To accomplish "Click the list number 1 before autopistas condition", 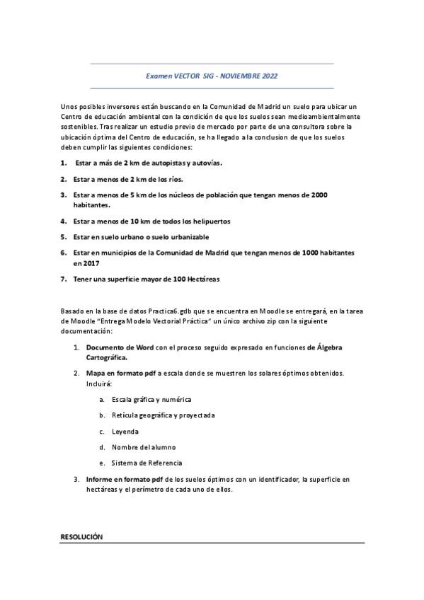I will pos(63,162).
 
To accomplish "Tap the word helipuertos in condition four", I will pos(207,221).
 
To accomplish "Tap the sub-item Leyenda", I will pos(125,431).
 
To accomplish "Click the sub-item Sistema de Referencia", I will pos(147,463).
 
